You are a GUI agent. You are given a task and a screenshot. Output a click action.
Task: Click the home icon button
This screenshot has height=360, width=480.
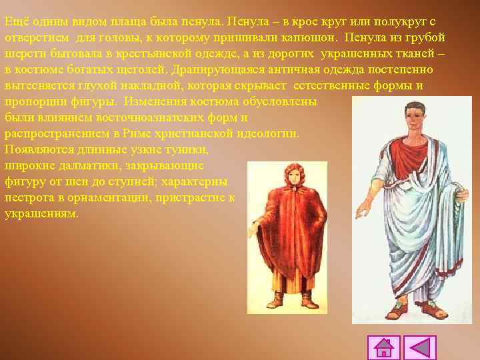click(384, 348)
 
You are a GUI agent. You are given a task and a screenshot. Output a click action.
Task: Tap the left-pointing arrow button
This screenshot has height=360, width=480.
click(420, 348)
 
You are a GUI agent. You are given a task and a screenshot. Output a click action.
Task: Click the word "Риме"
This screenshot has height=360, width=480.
click(139, 133)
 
